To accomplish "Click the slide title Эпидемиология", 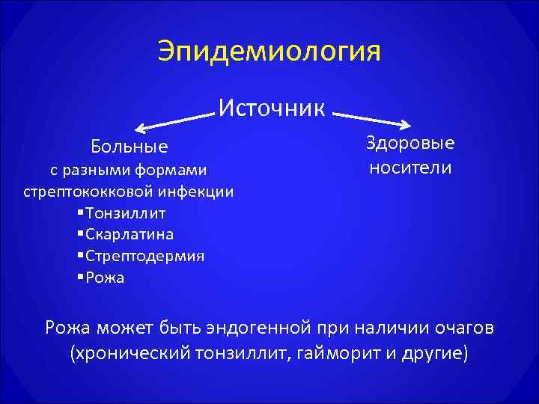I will click(269, 52).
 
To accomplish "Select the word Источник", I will click(272, 108).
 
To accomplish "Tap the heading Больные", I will click(130, 145).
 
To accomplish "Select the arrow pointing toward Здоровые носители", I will click(373, 120).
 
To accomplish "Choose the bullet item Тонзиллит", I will click(125, 213).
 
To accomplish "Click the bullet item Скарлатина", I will click(129, 235).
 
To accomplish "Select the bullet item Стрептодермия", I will click(144, 257).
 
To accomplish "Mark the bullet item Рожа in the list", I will click(105, 278).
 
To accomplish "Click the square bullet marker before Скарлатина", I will click(80, 235).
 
